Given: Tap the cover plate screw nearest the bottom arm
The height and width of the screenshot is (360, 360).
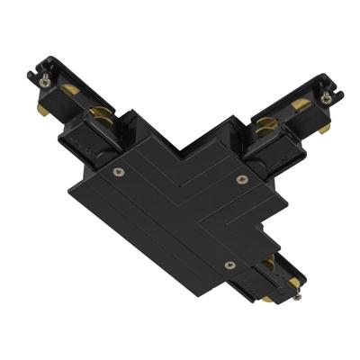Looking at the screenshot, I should pyautogui.click(x=230, y=265).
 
